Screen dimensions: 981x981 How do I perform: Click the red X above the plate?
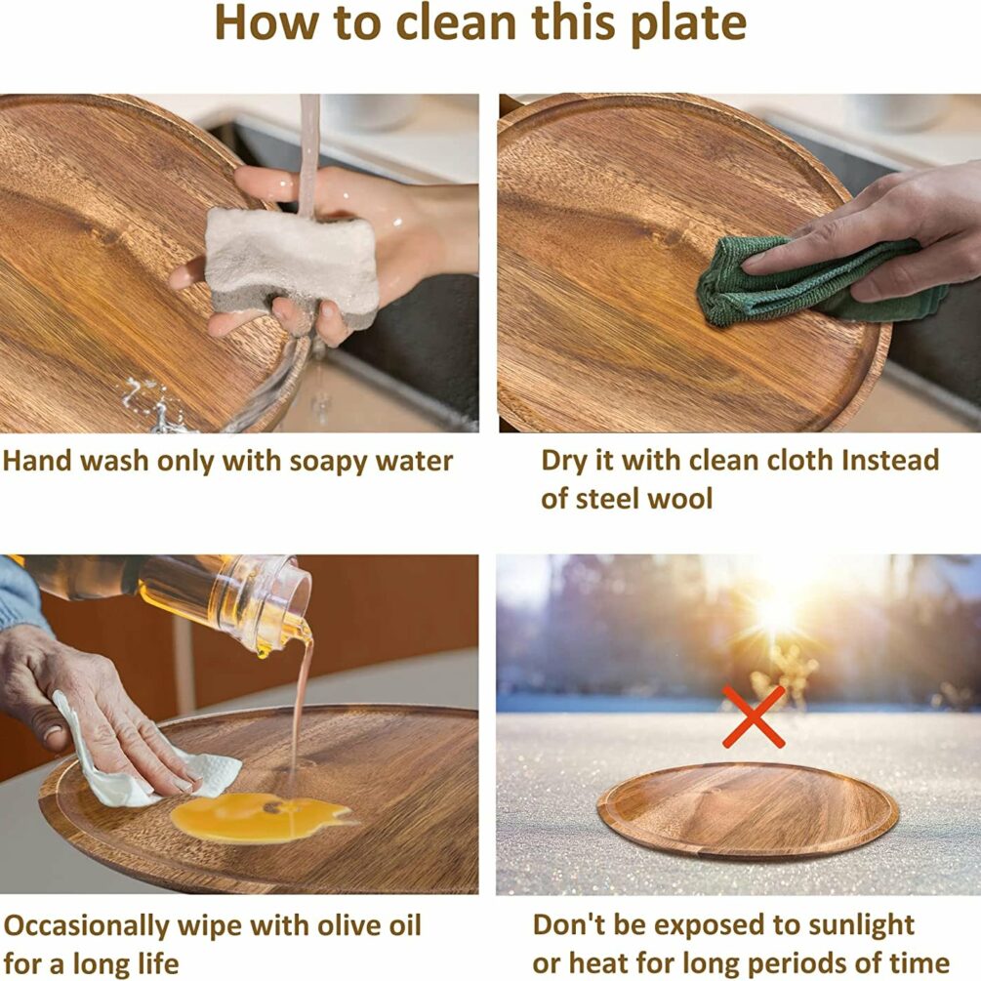754,717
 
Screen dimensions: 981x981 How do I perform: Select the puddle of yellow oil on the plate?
260,816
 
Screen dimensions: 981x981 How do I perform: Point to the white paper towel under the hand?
143,760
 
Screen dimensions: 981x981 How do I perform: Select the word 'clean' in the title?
457,22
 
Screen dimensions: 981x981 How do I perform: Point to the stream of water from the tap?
308,156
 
